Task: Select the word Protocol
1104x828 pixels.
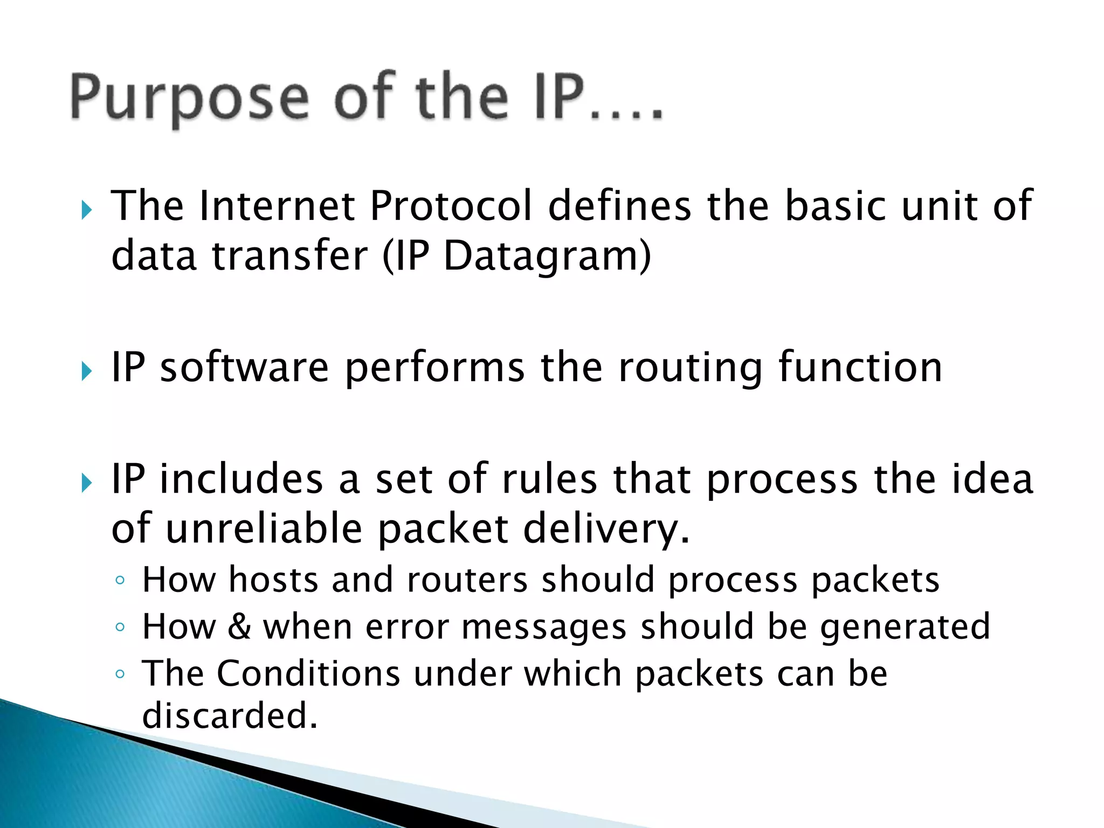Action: [x=451, y=206]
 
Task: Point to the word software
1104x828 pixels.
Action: [x=244, y=368]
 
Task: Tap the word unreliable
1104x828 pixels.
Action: [x=264, y=528]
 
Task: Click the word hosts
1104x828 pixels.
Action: [x=273, y=580]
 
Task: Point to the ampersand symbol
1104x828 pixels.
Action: [x=239, y=627]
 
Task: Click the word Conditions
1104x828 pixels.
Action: [x=308, y=674]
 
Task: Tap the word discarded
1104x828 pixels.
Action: [x=229, y=716]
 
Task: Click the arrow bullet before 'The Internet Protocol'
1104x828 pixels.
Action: [x=87, y=210]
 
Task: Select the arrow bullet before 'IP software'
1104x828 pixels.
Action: [x=87, y=371]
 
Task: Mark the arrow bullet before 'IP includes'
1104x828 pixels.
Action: [x=87, y=482]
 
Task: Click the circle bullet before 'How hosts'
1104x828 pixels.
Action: [x=120, y=581]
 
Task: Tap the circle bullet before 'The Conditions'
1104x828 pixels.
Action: [x=120, y=674]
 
